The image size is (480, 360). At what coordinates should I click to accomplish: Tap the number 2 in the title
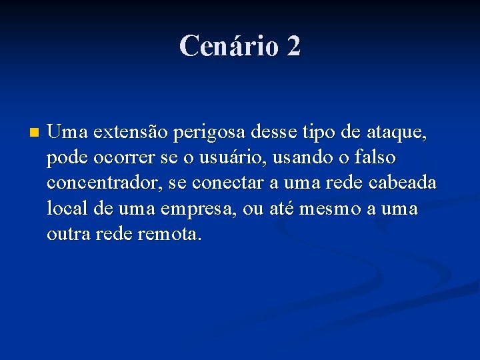293,46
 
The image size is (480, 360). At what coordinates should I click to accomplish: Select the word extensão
129,133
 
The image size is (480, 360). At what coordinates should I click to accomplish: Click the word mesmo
331,209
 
